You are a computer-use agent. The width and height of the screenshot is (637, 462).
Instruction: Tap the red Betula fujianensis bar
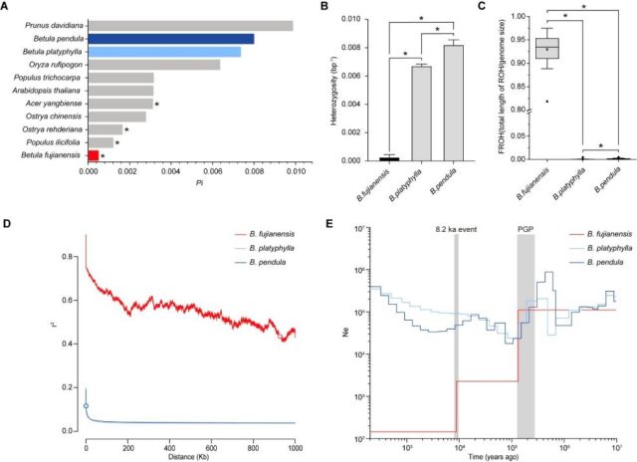(93, 155)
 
